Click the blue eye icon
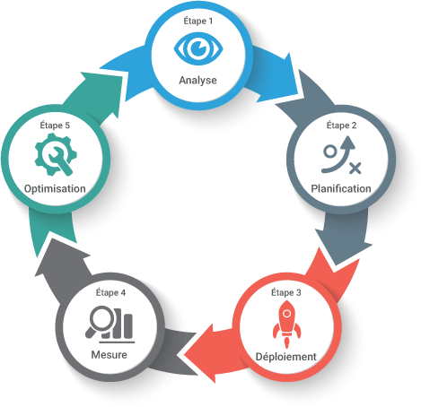[x=198, y=49]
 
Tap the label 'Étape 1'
[x=198, y=22]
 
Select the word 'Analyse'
[x=198, y=81]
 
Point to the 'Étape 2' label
[x=341, y=126]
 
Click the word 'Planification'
[x=341, y=188]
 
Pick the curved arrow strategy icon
[x=341, y=155]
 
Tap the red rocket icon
[x=286, y=325]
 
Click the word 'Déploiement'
[x=286, y=357]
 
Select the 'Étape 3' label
[x=286, y=292]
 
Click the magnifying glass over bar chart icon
[x=110, y=325]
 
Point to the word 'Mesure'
[x=110, y=355]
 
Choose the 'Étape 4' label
[x=110, y=292]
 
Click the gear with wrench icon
[x=56, y=154]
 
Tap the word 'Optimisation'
[x=55, y=189]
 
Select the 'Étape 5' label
[x=55, y=126]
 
